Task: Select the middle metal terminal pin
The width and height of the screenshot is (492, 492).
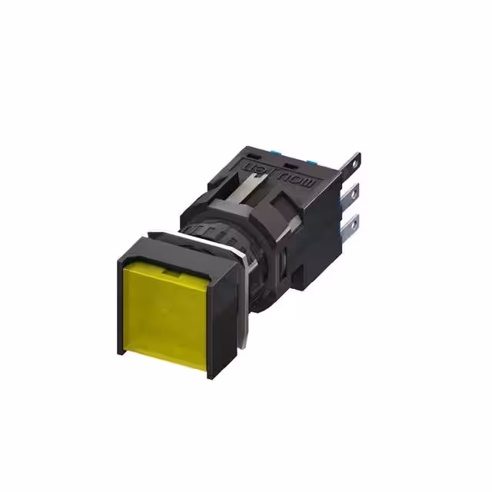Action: pyautogui.click(x=353, y=192)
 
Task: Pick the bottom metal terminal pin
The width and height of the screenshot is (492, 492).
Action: pyautogui.click(x=352, y=224)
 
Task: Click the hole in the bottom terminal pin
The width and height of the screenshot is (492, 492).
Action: pyautogui.click(x=354, y=224)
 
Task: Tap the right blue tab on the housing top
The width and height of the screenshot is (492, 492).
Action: pyautogui.click(x=312, y=161)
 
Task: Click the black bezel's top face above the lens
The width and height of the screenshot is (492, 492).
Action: pyautogui.click(x=180, y=251)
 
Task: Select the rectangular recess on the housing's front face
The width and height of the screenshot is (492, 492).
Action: pyautogui.click(x=223, y=185)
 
